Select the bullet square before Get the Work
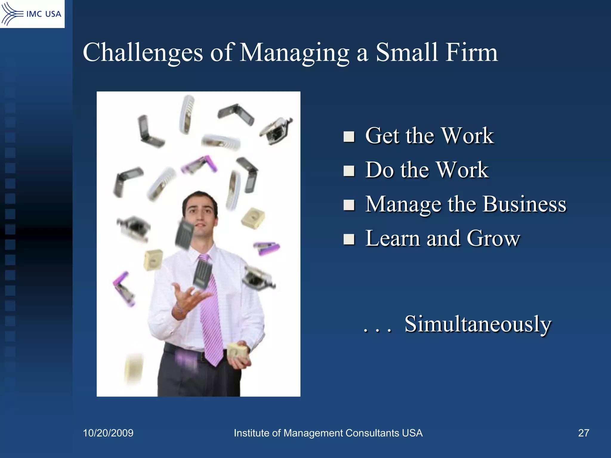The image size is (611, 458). coord(349,137)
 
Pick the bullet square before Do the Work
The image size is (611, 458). coord(349,171)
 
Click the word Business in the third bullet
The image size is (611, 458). coord(524,205)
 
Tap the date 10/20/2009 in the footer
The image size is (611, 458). coord(108,433)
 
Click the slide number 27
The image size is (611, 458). coord(584,433)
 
